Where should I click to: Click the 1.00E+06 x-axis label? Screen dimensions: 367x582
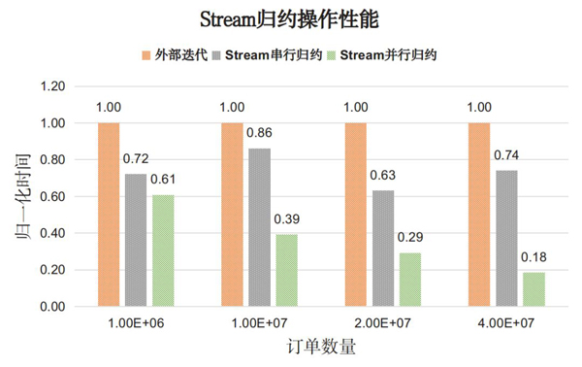pyautogui.click(x=137, y=322)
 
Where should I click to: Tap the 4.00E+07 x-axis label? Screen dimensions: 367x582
pyautogui.click(x=506, y=322)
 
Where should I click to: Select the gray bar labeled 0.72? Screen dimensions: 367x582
pyautogui.click(x=136, y=240)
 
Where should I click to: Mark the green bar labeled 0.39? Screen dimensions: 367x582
pyautogui.click(x=286, y=270)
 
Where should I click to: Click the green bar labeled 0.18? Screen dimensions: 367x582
pyautogui.click(x=533, y=289)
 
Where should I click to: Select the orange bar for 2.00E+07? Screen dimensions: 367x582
pyautogui.click(x=356, y=215)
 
